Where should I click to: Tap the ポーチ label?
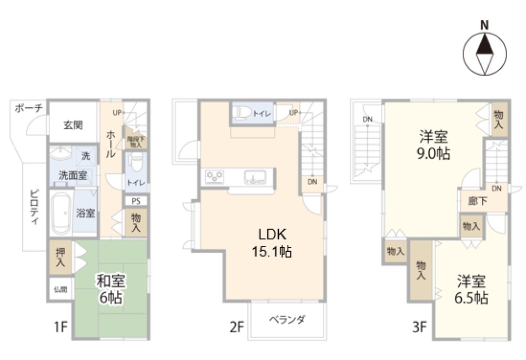[28, 109]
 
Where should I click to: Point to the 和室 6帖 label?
[110, 290]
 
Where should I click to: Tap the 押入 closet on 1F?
[61, 257]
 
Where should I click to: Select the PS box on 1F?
[136, 200]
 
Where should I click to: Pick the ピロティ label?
[34, 206]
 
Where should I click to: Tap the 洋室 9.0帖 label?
[433, 146]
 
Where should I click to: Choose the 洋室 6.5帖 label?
[471, 289]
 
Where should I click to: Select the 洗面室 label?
[73, 175]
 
